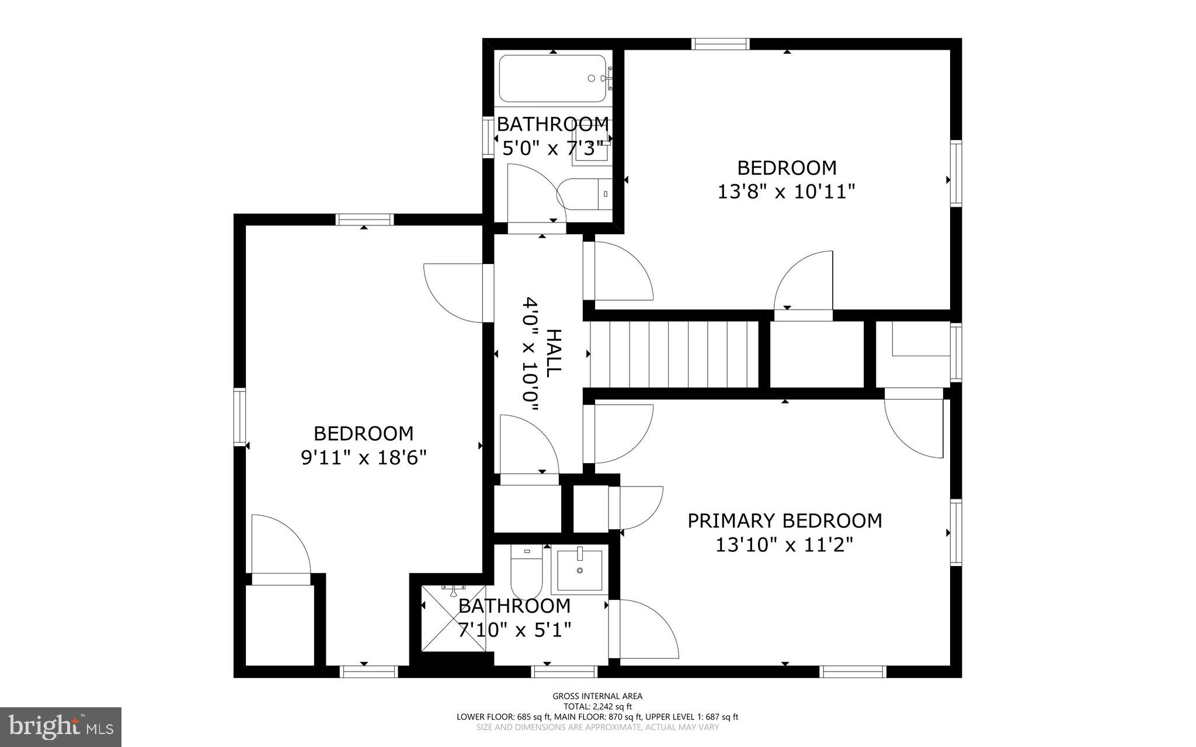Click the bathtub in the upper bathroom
(x=552, y=78)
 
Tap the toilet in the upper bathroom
(x=584, y=194)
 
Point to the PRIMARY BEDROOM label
(x=784, y=520)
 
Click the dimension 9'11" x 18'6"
(x=364, y=457)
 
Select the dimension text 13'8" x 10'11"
(x=786, y=192)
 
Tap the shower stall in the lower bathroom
(x=454, y=618)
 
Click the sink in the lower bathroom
(x=579, y=569)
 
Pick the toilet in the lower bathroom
(x=527, y=571)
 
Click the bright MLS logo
(x=61, y=727)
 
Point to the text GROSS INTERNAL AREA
(x=597, y=696)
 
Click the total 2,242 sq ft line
(x=597, y=706)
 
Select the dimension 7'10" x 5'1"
(x=514, y=630)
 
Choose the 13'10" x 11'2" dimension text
(x=784, y=545)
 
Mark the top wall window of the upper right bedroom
(x=720, y=44)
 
